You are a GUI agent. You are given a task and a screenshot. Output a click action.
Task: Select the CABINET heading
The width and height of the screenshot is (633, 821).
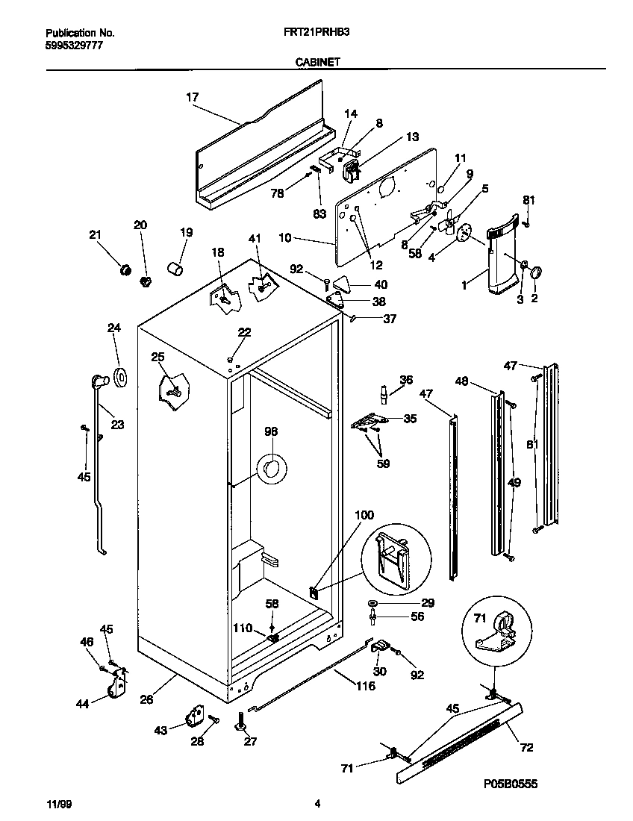[x=316, y=63]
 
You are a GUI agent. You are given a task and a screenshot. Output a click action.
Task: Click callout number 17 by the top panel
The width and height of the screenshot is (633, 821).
[x=192, y=96]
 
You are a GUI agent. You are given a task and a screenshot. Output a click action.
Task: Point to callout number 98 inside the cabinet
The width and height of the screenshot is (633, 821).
[x=270, y=431]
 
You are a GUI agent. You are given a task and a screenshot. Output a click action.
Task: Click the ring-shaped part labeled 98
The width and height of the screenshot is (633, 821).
[x=272, y=469]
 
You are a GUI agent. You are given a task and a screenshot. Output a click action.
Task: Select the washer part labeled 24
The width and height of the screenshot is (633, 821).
[x=119, y=378]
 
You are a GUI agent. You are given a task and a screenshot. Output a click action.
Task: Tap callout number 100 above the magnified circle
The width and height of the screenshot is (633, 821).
[x=364, y=515]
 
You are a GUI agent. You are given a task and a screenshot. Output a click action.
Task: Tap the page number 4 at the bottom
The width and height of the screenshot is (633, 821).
[x=317, y=804]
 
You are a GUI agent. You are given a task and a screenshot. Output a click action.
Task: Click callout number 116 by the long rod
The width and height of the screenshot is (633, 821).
[x=365, y=686]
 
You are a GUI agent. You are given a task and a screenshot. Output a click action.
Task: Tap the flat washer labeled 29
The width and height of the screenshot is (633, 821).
[x=372, y=603]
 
